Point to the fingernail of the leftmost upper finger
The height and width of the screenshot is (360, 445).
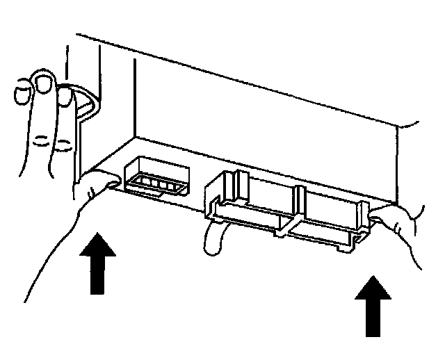click(24, 90)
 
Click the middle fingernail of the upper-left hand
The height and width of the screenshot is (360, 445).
click(46, 85)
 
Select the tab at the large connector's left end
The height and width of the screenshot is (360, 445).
click(215, 202)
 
